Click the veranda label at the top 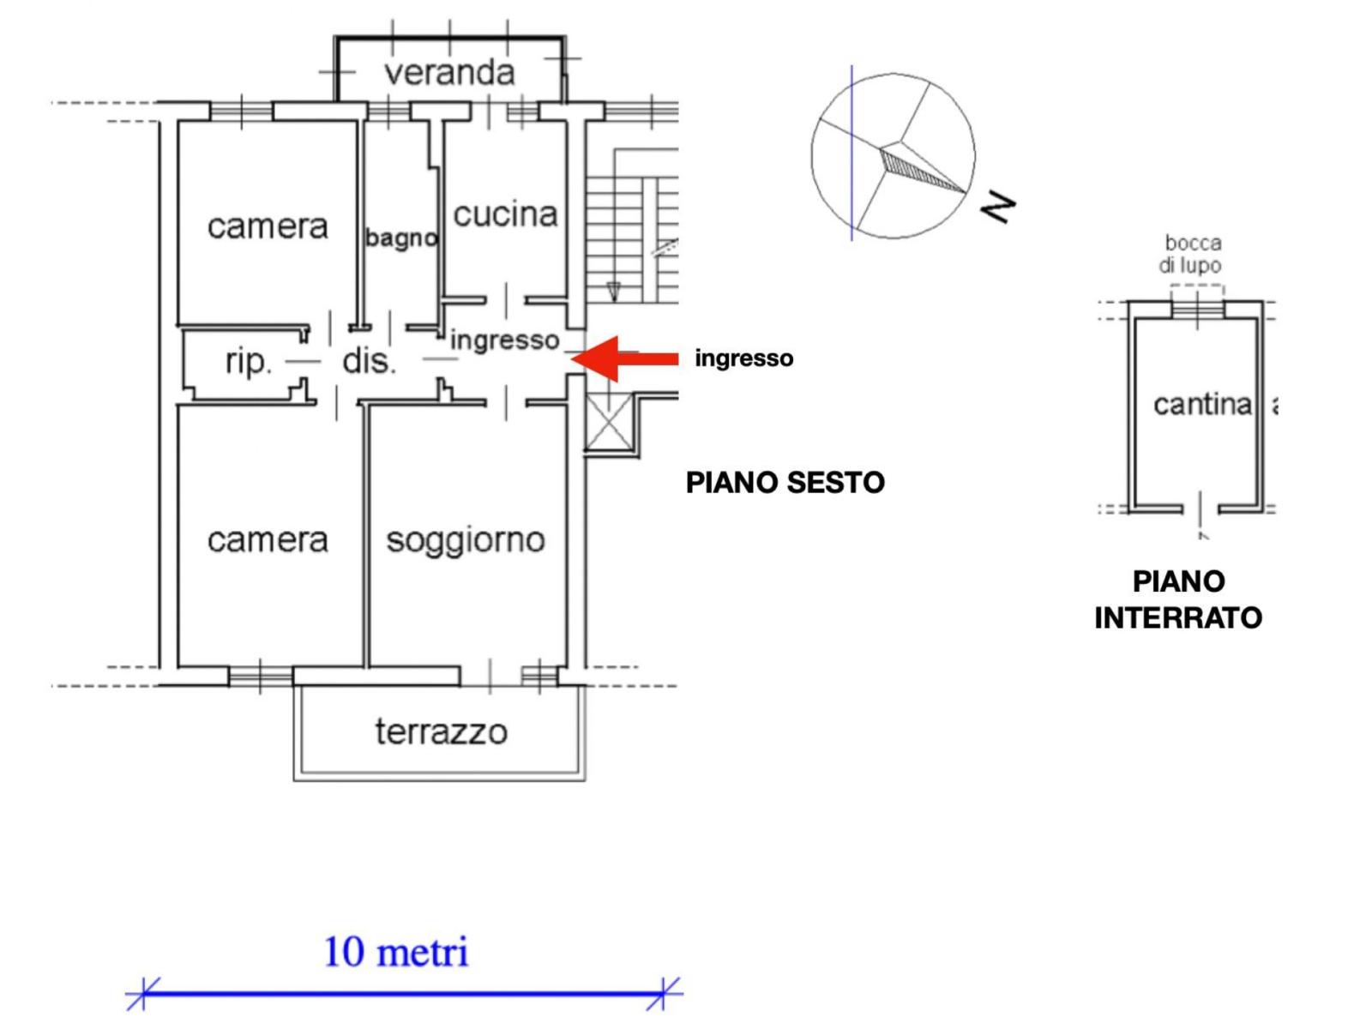click(x=449, y=73)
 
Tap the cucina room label click(x=505, y=214)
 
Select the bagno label click(x=401, y=238)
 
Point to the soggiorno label click(x=466, y=540)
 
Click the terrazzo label click(x=441, y=731)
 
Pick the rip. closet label click(x=248, y=362)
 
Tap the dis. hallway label click(x=369, y=362)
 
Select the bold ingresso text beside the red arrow click(x=743, y=358)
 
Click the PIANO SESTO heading click(x=785, y=483)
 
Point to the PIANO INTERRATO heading click(x=1178, y=599)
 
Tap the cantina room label click(x=1202, y=404)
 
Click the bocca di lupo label click(x=1192, y=254)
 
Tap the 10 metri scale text click(x=396, y=952)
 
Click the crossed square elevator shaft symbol click(x=608, y=422)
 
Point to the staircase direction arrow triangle click(x=614, y=292)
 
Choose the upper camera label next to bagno click(x=268, y=226)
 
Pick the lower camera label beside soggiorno click(x=268, y=540)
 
